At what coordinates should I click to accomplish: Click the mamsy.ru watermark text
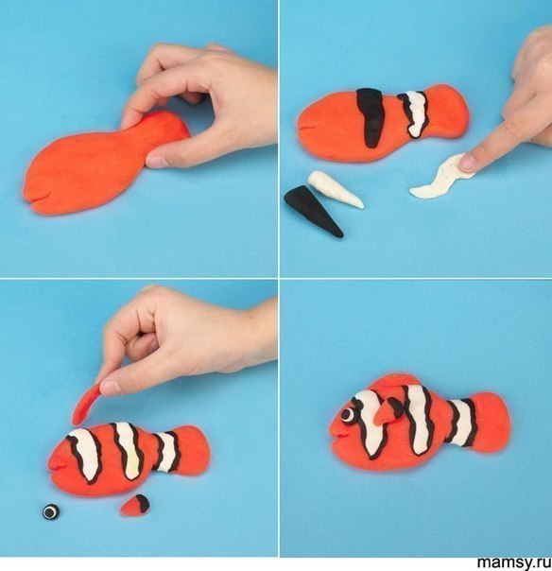pos(514,562)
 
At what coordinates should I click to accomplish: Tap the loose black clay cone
pos(313,210)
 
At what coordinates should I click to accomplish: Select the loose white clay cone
pos(336,189)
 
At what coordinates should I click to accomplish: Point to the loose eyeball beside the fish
pos(51,511)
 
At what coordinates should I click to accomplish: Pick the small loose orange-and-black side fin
pos(135,506)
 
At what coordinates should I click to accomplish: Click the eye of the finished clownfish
pos(349,414)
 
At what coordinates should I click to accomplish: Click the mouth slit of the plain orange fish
pos(38,199)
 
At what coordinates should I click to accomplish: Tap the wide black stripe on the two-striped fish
pos(371,117)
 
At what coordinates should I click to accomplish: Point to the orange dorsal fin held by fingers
pos(86,405)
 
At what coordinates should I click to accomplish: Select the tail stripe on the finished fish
pos(460,423)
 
